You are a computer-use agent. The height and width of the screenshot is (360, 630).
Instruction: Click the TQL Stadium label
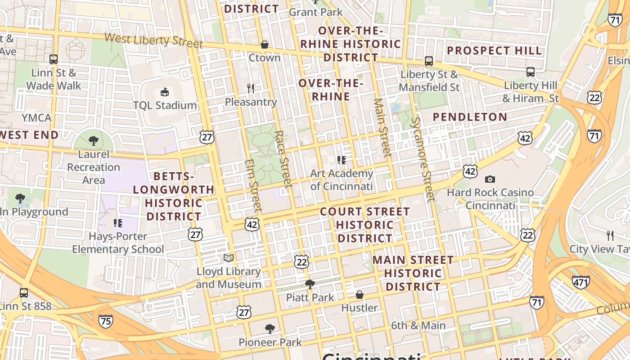click(x=165, y=105)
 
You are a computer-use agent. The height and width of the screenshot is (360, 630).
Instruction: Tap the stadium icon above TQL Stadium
click(x=164, y=92)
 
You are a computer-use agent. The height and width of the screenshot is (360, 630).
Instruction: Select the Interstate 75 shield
click(x=105, y=321)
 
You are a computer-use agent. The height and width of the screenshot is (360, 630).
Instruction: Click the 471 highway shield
click(x=580, y=282)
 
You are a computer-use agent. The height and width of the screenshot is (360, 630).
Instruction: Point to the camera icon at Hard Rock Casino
click(x=490, y=179)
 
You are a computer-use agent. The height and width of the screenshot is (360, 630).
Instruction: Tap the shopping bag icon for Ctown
click(x=265, y=45)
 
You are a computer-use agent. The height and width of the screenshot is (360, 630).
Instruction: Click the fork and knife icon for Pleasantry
click(x=251, y=88)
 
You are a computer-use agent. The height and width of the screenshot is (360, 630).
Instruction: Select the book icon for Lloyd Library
click(x=229, y=258)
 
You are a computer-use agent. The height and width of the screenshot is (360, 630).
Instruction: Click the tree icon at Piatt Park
click(x=310, y=284)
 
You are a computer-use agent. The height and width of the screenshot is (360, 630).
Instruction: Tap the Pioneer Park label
click(x=270, y=342)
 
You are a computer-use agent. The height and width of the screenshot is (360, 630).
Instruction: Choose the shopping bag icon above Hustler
click(x=359, y=295)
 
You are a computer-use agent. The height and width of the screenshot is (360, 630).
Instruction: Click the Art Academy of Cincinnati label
click(x=342, y=180)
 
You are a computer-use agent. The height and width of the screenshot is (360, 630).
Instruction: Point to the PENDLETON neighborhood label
click(x=470, y=117)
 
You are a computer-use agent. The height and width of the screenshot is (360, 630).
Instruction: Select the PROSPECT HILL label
click(x=494, y=50)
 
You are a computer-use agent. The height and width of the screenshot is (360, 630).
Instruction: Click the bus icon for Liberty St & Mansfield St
click(x=428, y=61)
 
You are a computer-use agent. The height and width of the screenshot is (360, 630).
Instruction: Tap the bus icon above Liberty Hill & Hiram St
click(x=531, y=72)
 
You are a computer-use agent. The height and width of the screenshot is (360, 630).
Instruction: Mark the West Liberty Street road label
click(x=153, y=40)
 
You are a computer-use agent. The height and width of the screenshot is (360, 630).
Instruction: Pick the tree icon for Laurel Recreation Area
click(x=94, y=141)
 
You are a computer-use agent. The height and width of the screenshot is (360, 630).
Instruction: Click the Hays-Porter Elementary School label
click(x=118, y=243)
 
